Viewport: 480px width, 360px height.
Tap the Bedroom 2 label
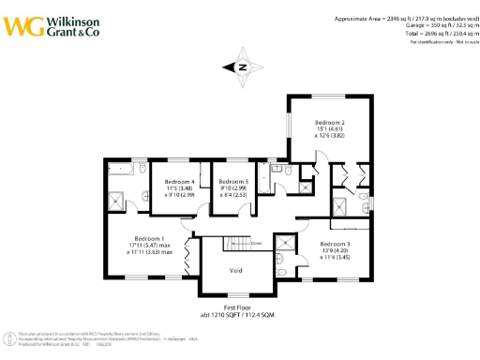[330, 123]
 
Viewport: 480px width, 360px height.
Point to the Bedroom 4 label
[179, 181]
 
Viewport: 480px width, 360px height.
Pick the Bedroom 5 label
[233, 181]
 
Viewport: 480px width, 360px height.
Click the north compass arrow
[240, 67]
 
